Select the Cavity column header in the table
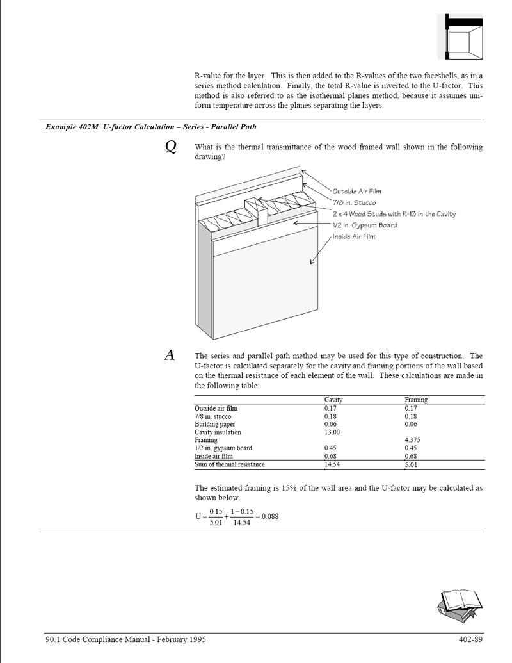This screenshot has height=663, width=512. [x=333, y=400]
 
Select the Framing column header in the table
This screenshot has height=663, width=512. [x=416, y=400]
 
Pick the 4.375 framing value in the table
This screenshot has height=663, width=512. [x=413, y=440]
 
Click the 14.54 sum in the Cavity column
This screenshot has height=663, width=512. [x=332, y=464]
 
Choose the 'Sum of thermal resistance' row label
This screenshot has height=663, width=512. [x=230, y=464]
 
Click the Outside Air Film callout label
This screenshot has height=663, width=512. [x=357, y=192]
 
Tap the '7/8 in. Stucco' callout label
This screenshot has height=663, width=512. [x=354, y=202]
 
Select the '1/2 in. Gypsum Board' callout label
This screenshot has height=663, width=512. [x=365, y=225]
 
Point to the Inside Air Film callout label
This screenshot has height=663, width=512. [x=354, y=237]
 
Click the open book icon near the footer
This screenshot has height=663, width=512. [x=459, y=603]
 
